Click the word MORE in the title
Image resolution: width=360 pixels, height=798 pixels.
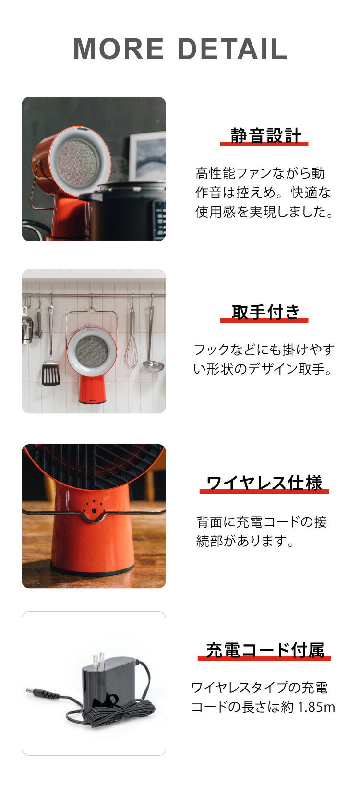(x=119, y=49)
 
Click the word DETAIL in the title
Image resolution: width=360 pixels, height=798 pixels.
(x=232, y=49)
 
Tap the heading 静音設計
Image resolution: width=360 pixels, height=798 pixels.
(x=265, y=135)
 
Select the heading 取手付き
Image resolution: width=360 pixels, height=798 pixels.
(x=265, y=312)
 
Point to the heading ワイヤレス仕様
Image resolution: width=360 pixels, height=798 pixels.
(x=264, y=483)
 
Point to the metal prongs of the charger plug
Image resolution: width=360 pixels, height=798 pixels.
(x=98, y=662)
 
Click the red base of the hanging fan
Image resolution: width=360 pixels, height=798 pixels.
(x=92, y=389)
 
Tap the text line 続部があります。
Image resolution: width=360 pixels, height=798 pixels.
(x=245, y=541)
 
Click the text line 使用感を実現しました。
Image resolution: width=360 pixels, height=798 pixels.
(x=264, y=211)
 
